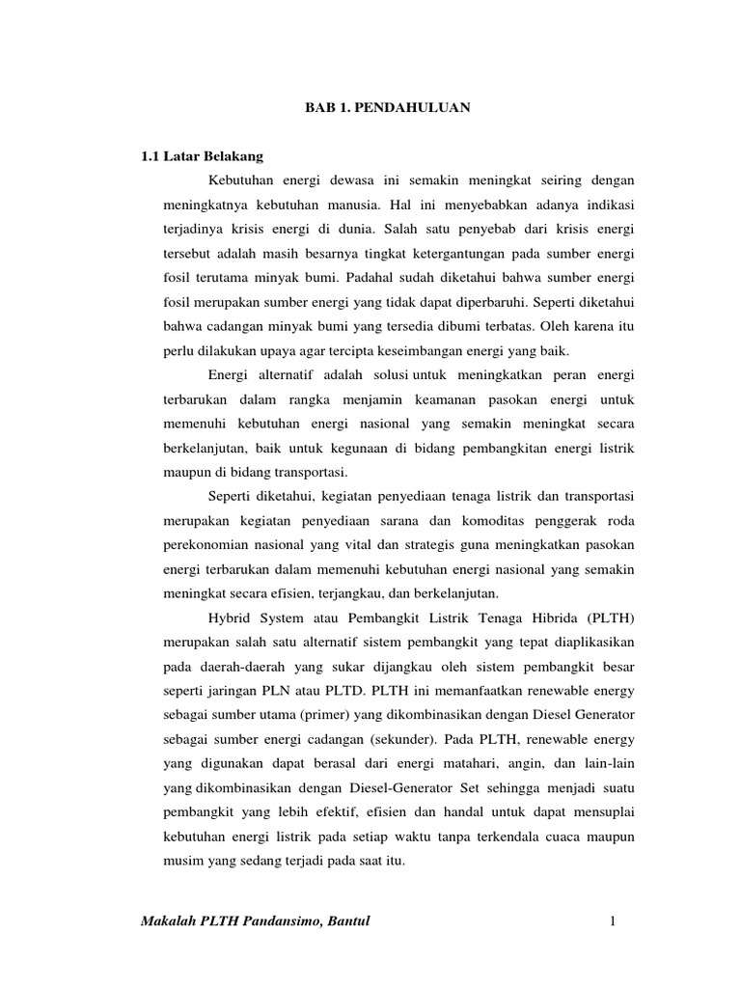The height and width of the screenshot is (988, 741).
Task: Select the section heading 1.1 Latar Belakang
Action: [x=202, y=155]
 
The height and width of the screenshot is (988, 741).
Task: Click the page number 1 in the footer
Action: [x=611, y=925]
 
